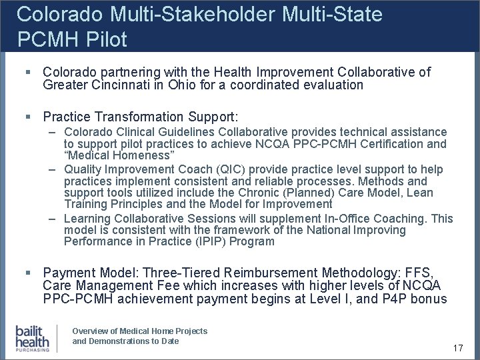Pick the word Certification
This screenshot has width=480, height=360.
(389, 144)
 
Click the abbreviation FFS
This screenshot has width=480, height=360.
(417, 273)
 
